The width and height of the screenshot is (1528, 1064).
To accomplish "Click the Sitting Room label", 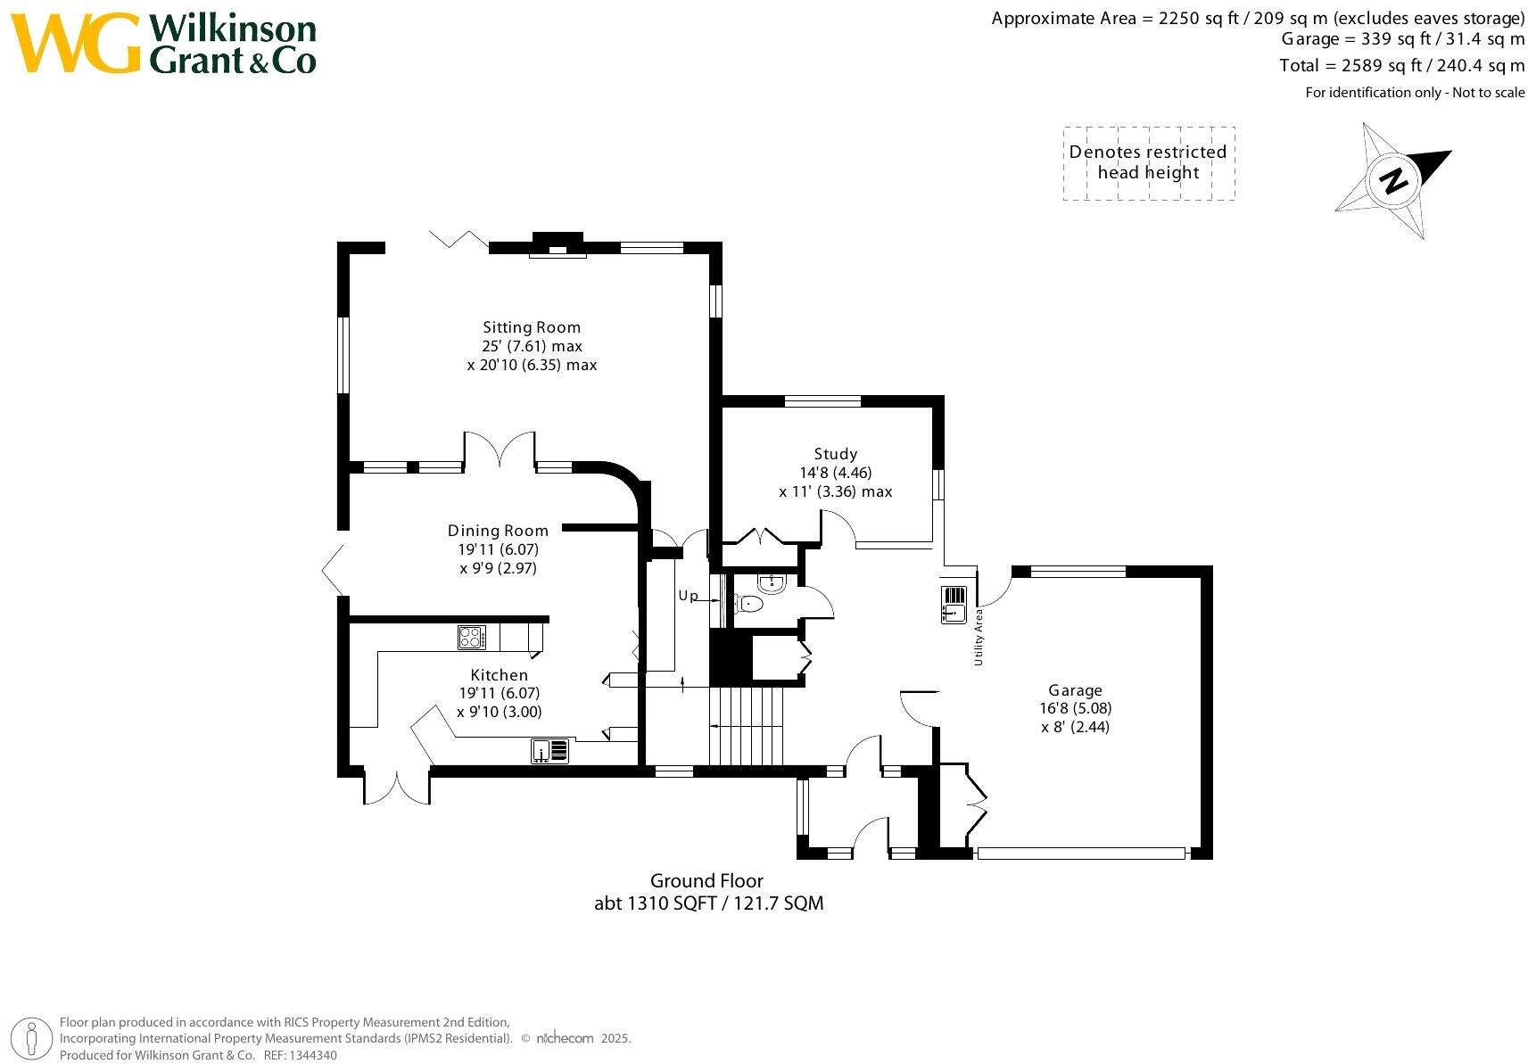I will [x=532, y=327].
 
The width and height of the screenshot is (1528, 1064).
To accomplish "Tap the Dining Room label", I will [x=498, y=531].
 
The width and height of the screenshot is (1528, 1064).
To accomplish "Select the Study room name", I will [x=835, y=454].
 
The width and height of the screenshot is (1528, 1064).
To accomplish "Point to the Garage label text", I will [x=1075, y=690].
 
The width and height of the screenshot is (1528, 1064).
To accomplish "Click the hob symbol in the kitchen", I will [x=472, y=638].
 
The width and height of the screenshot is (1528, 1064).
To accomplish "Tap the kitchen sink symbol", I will [x=550, y=752].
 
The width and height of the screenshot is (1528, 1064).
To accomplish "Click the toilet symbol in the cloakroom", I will [x=752, y=604].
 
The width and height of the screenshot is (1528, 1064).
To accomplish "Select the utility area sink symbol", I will [x=954, y=604].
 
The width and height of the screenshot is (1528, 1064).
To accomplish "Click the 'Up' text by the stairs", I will [x=688, y=596].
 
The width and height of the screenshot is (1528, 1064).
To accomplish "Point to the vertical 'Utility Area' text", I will [x=979, y=637].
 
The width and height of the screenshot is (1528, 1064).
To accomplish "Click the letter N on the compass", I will [x=1393, y=180].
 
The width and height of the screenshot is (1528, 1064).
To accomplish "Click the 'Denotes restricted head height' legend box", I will [x=1148, y=163].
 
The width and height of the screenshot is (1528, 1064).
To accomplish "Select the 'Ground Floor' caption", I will [x=706, y=881].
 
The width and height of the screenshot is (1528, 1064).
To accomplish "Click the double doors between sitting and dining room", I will [x=500, y=450].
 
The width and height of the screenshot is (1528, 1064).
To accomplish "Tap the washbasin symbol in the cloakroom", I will [x=772, y=584].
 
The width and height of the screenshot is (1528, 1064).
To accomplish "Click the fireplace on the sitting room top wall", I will [x=558, y=246].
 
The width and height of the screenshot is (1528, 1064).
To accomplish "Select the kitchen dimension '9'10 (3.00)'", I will [x=499, y=712].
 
